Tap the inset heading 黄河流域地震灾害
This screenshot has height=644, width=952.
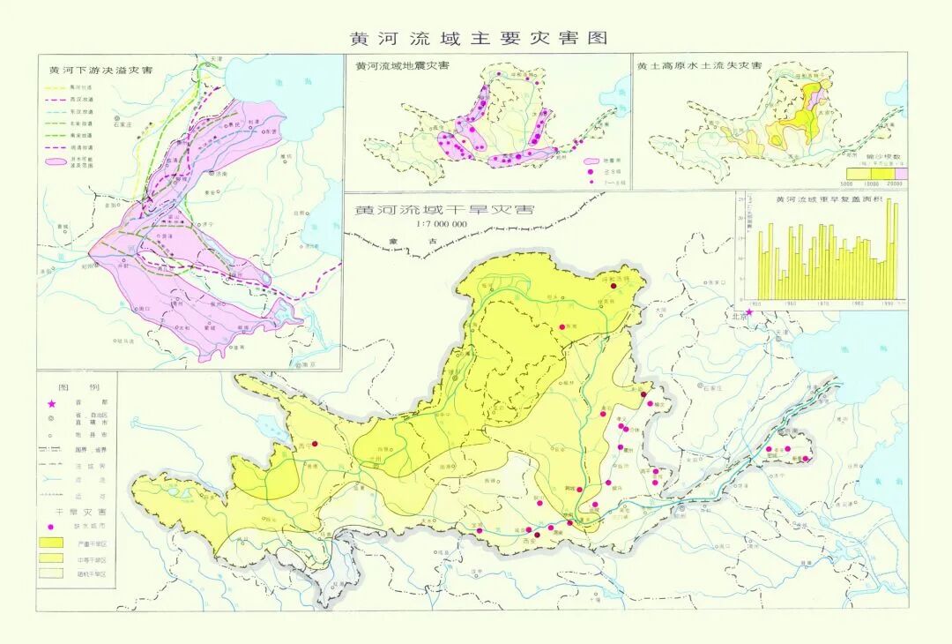[x=401, y=66]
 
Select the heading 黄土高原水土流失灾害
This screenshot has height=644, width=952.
[x=699, y=66]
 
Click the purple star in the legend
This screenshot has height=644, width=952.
[x=51, y=403]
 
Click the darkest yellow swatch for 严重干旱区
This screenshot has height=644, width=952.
[x=51, y=542]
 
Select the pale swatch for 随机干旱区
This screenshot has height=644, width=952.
[x=51, y=573]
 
